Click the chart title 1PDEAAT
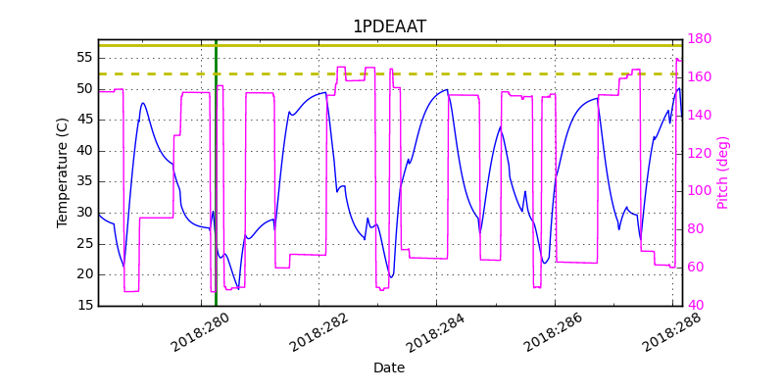[389, 26]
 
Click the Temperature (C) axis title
[63, 172]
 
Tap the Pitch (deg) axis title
[723, 172]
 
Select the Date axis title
[389, 367]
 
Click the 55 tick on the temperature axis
[84, 58]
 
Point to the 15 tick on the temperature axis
[84, 306]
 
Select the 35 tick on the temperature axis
[84, 181]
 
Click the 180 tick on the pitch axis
[699, 39]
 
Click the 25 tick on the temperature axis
[84, 244]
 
